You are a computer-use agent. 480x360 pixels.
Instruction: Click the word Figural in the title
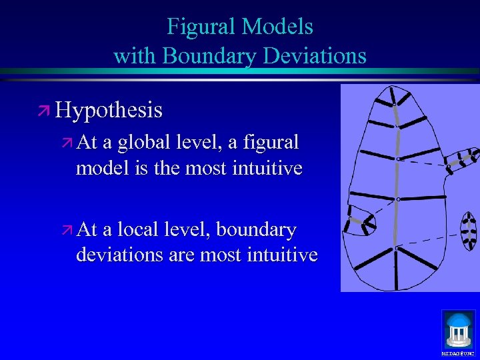[x=201, y=27]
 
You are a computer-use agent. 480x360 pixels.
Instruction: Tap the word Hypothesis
[x=109, y=109]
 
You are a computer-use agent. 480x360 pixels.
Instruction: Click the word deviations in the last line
[x=118, y=255]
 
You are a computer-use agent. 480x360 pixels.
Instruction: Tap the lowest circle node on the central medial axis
[x=397, y=248]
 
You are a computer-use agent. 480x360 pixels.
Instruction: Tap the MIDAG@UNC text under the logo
[x=459, y=353]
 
